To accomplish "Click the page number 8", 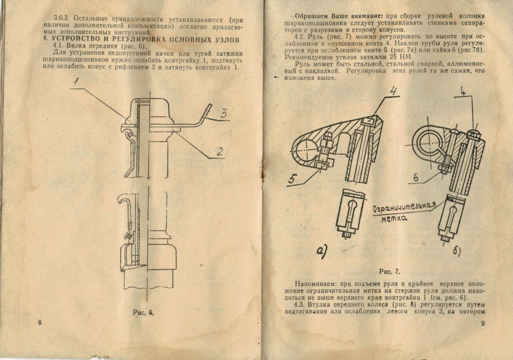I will (x=40, y=322).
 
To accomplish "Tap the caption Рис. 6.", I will (x=144, y=312).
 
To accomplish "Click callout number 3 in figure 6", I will (x=223, y=114).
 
